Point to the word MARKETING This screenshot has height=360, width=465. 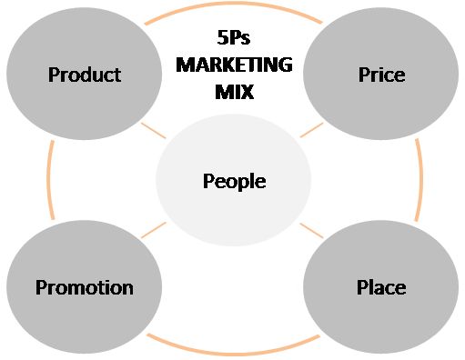tap(234, 65)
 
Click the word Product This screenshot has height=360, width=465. tap(84, 75)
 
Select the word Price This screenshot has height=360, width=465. tap(380, 75)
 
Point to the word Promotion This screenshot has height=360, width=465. tap(84, 288)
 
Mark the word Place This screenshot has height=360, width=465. tap(380, 288)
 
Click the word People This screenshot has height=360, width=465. tap(234, 181)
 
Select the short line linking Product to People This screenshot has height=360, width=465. tap(153, 130)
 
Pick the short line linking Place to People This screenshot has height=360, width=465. tap(311, 230)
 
